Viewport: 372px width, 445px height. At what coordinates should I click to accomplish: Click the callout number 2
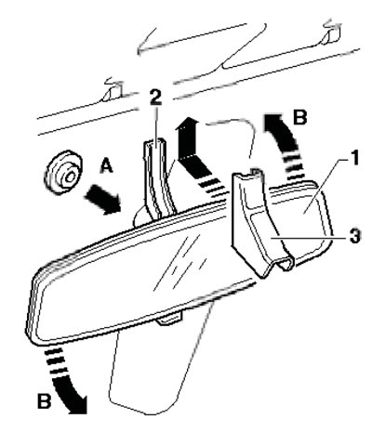point(155,98)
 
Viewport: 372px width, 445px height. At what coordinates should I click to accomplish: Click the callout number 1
point(354,157)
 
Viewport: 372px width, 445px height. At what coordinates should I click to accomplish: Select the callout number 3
point(355,236)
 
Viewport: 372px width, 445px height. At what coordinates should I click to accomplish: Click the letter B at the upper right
point(299,117)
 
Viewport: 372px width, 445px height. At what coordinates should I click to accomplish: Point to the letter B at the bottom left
point(44,401)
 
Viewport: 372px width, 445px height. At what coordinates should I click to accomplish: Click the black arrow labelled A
point(103,199)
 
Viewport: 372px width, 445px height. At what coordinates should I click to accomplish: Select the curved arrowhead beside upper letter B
point(274,124)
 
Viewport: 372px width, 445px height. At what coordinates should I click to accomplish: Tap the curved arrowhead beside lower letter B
point(76,403)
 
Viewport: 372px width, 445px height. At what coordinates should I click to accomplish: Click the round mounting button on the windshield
point(63,173)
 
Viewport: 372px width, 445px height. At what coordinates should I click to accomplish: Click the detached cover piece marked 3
point(260,221)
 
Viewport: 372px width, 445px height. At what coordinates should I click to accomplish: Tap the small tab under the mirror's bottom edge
point(169,319)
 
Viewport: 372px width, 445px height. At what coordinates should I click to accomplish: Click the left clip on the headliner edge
point(113,90)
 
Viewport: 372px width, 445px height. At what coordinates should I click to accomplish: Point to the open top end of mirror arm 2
point(155,143)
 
